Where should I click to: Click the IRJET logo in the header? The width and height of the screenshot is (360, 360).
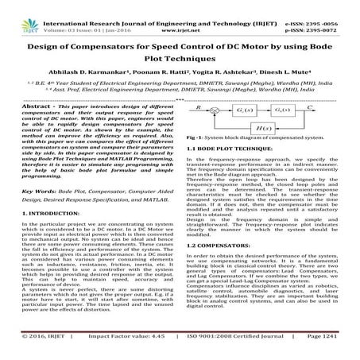(x=17, y=10)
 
